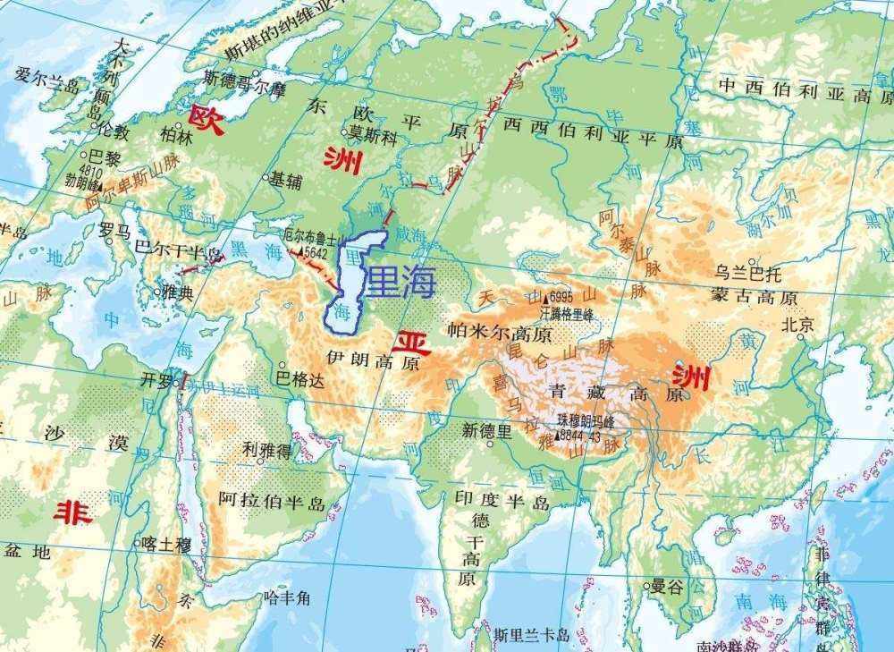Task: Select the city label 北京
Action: coord(798,326)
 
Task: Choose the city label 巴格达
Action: coord(300,379)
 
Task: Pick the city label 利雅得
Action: coord(266,453)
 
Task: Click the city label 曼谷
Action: coord(667,587)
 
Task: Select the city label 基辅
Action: coord(287,179)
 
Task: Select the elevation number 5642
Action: coord(316,253)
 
